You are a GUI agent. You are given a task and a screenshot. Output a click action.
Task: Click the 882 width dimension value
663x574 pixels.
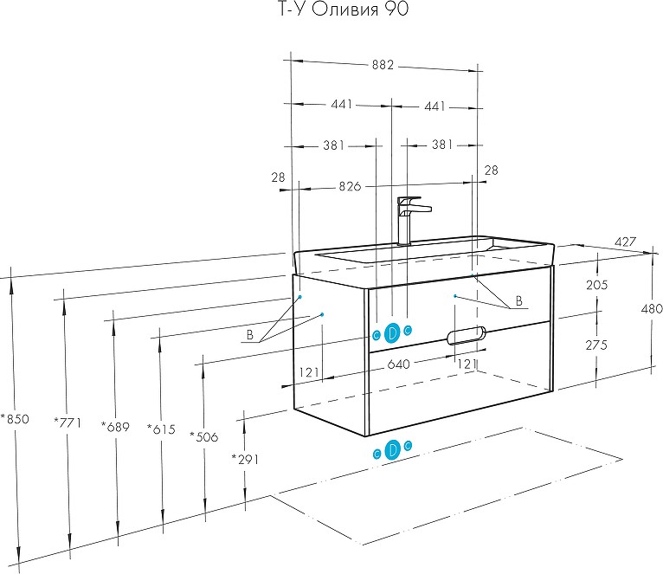click(x=383, y=65)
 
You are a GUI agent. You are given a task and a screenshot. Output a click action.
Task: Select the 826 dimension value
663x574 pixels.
click(x=349, y=187)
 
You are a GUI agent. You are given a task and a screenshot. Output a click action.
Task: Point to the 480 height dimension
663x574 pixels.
click(x=651, y=309)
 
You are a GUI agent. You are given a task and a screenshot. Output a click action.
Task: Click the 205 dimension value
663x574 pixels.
click(x=597, y=285)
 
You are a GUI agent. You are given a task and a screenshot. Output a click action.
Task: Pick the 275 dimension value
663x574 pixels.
click(x=597, y=345)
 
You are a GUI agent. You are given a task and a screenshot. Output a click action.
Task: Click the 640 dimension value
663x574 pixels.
click(x=398, y=364)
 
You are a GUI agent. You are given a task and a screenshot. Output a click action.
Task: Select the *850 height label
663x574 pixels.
click(x=16, y=419)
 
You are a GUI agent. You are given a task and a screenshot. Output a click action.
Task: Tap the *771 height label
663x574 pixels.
click(x=67, y=422)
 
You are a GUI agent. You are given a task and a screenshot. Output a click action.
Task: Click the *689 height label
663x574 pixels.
click(x=115, y=426)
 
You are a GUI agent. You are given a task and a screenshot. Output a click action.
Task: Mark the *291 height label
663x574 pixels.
click(x=246, y=459)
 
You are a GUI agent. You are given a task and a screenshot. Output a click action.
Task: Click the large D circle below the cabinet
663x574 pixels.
click(x=391, y=449)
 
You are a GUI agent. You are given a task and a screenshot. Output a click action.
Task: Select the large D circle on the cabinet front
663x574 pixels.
click(x=391, y=332)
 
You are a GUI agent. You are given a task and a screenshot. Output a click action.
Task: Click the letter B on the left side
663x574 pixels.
click(x=249, y=335)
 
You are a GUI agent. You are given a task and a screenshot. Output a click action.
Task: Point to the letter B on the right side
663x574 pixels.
click(x=518, y=301)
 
